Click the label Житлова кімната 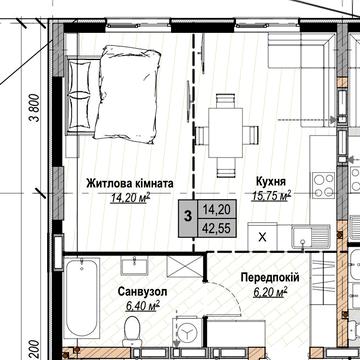[x=131, y=184]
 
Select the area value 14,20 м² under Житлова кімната [x=131, y=198]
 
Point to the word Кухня [x=271, y=183]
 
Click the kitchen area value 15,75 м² [x=271, y=197]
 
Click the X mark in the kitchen [x=262, y=238]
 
